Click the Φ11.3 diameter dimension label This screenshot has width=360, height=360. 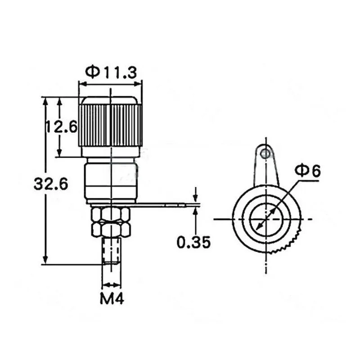(x=110, y=72)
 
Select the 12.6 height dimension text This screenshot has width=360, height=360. (x=61, y=127)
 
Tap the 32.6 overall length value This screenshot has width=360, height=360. (x=50, y=184)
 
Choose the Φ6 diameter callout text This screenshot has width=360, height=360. (x=307, y=171)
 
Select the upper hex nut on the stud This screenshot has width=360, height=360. (x=110, y=214)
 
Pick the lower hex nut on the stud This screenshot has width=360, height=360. (x=110, y=229)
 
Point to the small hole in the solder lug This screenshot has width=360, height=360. (x=266, y=154)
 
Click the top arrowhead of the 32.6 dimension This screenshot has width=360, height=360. (x=45, y=101)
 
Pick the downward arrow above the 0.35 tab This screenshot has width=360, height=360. (x=195, y=197)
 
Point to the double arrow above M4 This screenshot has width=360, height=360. (x=112, y=285)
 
